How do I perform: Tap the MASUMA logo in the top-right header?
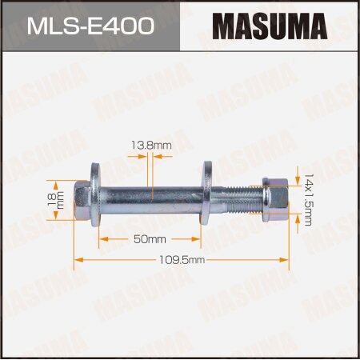[268, 27]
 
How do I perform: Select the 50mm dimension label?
[150, 238]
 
